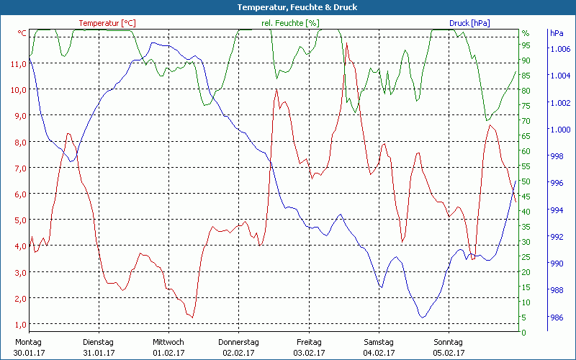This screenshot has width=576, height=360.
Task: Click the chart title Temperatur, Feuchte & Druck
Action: [x=288, y=7]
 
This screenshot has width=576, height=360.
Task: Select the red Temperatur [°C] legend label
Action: [x=107, y=23]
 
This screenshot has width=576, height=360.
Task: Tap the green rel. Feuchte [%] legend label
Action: [x=291, y=23]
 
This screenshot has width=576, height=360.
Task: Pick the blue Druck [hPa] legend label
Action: [x=469, y=23]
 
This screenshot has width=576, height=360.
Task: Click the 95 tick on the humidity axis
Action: [x=526, y=48]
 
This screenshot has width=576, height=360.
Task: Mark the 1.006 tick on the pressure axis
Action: [x=560, y=49]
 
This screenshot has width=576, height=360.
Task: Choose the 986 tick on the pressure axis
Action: [x=557, y=318]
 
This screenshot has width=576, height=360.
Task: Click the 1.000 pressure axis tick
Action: [x=560, y=130]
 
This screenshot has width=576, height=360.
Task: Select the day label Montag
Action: [x=28, y=342]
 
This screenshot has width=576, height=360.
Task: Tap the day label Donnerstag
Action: [x=239, y=342]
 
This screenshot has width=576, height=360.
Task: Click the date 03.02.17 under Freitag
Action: [x=309, y=353]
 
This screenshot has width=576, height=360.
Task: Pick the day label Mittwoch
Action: [x=168, y=342]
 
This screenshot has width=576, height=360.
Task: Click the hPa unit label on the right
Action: [x=557, y=33]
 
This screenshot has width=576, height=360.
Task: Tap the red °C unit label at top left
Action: [x=22, y=33]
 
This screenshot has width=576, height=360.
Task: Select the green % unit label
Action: [x=526, y=33]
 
